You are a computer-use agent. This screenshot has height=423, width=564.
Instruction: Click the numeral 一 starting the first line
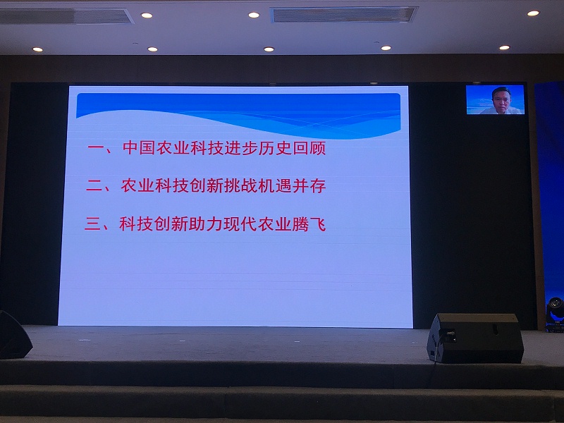[95, 150]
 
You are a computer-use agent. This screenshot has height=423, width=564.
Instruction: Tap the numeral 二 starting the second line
[94, 188]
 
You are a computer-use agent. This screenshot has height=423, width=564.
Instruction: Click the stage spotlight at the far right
[556, 307]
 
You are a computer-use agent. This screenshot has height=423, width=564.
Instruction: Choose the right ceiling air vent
[344, 14]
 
